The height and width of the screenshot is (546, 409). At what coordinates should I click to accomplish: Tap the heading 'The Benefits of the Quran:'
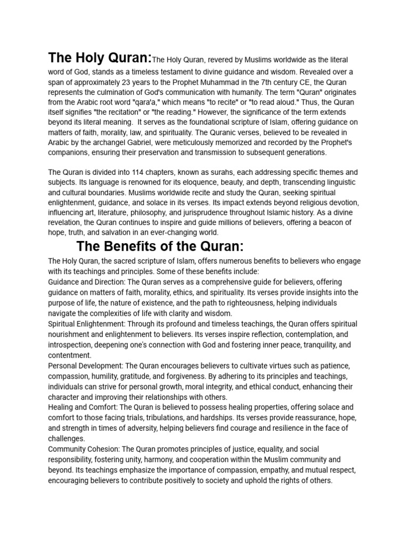point(160,246)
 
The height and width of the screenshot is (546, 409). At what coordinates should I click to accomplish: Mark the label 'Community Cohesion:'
point(85,449)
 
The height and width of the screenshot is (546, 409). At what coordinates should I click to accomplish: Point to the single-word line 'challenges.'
point(67,438)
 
